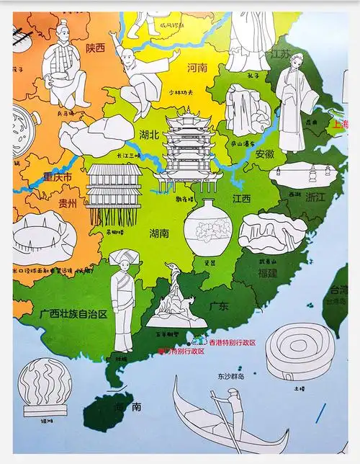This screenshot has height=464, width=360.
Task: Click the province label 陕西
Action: [95, 48]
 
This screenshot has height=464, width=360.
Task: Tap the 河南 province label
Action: [197, 68]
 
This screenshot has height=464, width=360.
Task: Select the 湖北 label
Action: [150, 133]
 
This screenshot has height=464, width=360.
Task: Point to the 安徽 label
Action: [264, 153]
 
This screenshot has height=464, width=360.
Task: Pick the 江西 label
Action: [241, 198]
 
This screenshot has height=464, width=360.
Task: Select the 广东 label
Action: [219, 306]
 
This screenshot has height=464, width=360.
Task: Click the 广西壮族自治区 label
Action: [73, 314]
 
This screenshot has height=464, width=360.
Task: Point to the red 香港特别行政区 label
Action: [232, 342]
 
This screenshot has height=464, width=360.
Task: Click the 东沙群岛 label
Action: [230, 376]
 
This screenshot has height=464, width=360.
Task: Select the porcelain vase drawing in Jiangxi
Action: [208, 231]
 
